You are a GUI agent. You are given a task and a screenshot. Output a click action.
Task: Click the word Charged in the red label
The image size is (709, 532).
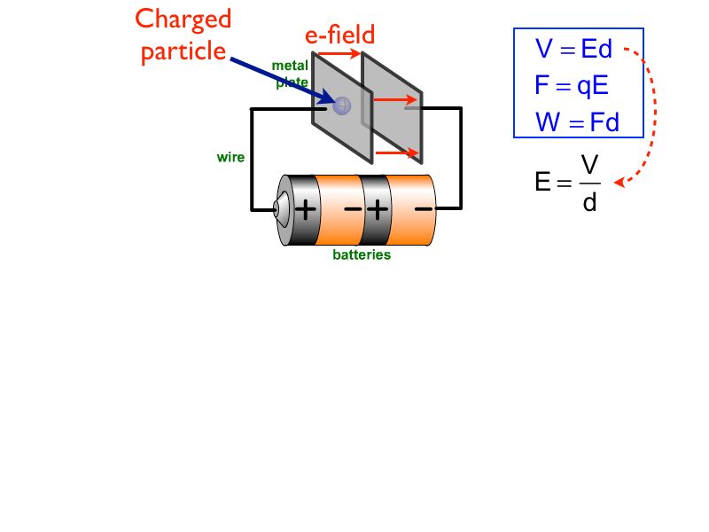tap(184, 20)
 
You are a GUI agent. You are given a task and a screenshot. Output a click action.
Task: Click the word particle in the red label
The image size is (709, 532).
tap(183, 51)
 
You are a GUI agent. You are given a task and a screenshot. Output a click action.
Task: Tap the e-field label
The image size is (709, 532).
tap(340, 35)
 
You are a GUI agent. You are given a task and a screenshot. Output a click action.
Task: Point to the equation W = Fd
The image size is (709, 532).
tap(576, 122)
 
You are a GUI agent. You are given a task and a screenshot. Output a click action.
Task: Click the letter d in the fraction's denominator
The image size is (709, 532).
tap(589, 204)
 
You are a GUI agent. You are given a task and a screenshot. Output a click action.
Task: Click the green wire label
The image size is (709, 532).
tap(230, 158)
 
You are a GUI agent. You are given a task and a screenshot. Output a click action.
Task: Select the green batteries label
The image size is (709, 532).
tap(362, 255)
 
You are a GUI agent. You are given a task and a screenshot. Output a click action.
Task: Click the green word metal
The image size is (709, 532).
tap(289, 66)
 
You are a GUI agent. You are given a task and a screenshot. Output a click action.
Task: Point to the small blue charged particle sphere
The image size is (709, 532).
tap(342, 106)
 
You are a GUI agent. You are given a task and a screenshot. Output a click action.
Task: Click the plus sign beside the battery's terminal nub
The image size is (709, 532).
tap(305, 210)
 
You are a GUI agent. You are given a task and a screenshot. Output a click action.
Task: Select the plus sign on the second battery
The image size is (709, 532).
tap(377, 210)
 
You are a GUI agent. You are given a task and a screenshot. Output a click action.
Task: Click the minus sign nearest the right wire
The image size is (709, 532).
tap(424, 210)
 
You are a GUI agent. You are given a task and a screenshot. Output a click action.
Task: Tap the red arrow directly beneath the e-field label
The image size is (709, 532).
tap(339, 54)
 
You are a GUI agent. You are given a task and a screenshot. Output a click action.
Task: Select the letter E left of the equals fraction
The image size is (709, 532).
tap(542, 184)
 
